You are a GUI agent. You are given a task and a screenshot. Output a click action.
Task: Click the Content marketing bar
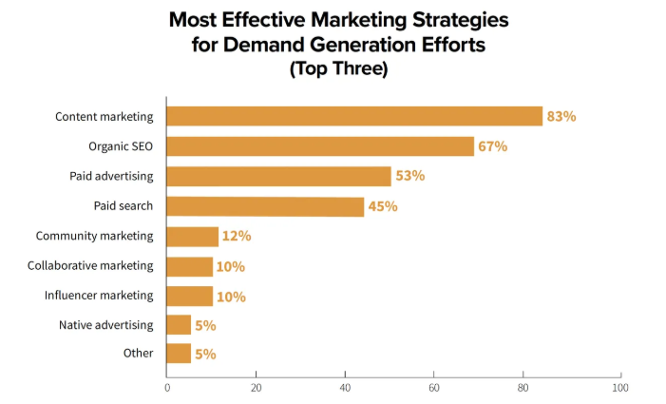[x=353, y=116]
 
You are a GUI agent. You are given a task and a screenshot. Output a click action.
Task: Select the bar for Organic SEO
[x=320, y=146]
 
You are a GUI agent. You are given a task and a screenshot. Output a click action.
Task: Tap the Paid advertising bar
[x=278, y=176]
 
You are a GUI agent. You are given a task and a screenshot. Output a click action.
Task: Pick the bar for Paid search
[x=265, y=206]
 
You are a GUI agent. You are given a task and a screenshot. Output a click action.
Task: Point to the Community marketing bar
[x=192, y=236]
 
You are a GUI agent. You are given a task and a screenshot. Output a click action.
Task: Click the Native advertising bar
[x=179, y=325]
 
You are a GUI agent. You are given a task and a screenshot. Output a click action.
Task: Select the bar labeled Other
[x=179, y=354]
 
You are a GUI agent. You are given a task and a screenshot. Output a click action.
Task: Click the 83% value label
[x=561, y=117]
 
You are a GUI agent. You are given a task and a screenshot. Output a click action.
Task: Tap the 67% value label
[x=492, y=146]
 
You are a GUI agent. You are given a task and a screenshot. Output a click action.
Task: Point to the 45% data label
[x=382, y=206]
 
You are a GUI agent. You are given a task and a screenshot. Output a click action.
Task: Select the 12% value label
[x=237, y=237]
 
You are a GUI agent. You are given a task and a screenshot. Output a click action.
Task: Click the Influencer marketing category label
[x=98, y=295]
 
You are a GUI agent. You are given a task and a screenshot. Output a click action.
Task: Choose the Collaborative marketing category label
[x=90, y=265]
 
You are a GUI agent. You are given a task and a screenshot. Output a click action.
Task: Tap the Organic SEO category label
[x=121, y=146]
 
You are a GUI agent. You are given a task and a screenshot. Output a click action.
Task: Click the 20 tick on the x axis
[x=257, y=388]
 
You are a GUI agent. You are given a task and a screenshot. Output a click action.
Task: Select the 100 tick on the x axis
[x=619, y=388]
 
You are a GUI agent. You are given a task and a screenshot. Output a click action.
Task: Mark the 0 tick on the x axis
[x=167, y=388]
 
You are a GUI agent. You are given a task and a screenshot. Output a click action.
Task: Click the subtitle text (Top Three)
[x=338, y=68]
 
